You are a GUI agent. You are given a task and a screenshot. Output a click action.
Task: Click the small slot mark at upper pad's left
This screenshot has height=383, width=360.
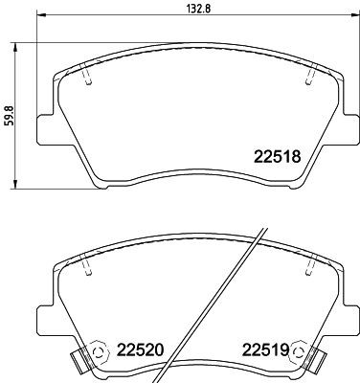87,79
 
